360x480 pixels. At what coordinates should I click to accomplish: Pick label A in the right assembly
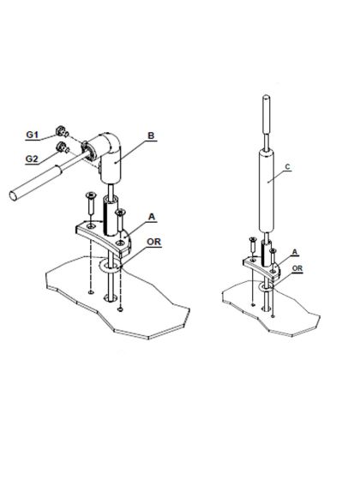pyautogui.click(x=296, y=253)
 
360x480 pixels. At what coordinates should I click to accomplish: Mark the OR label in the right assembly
pyautogui.click(x=297, y=268)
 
